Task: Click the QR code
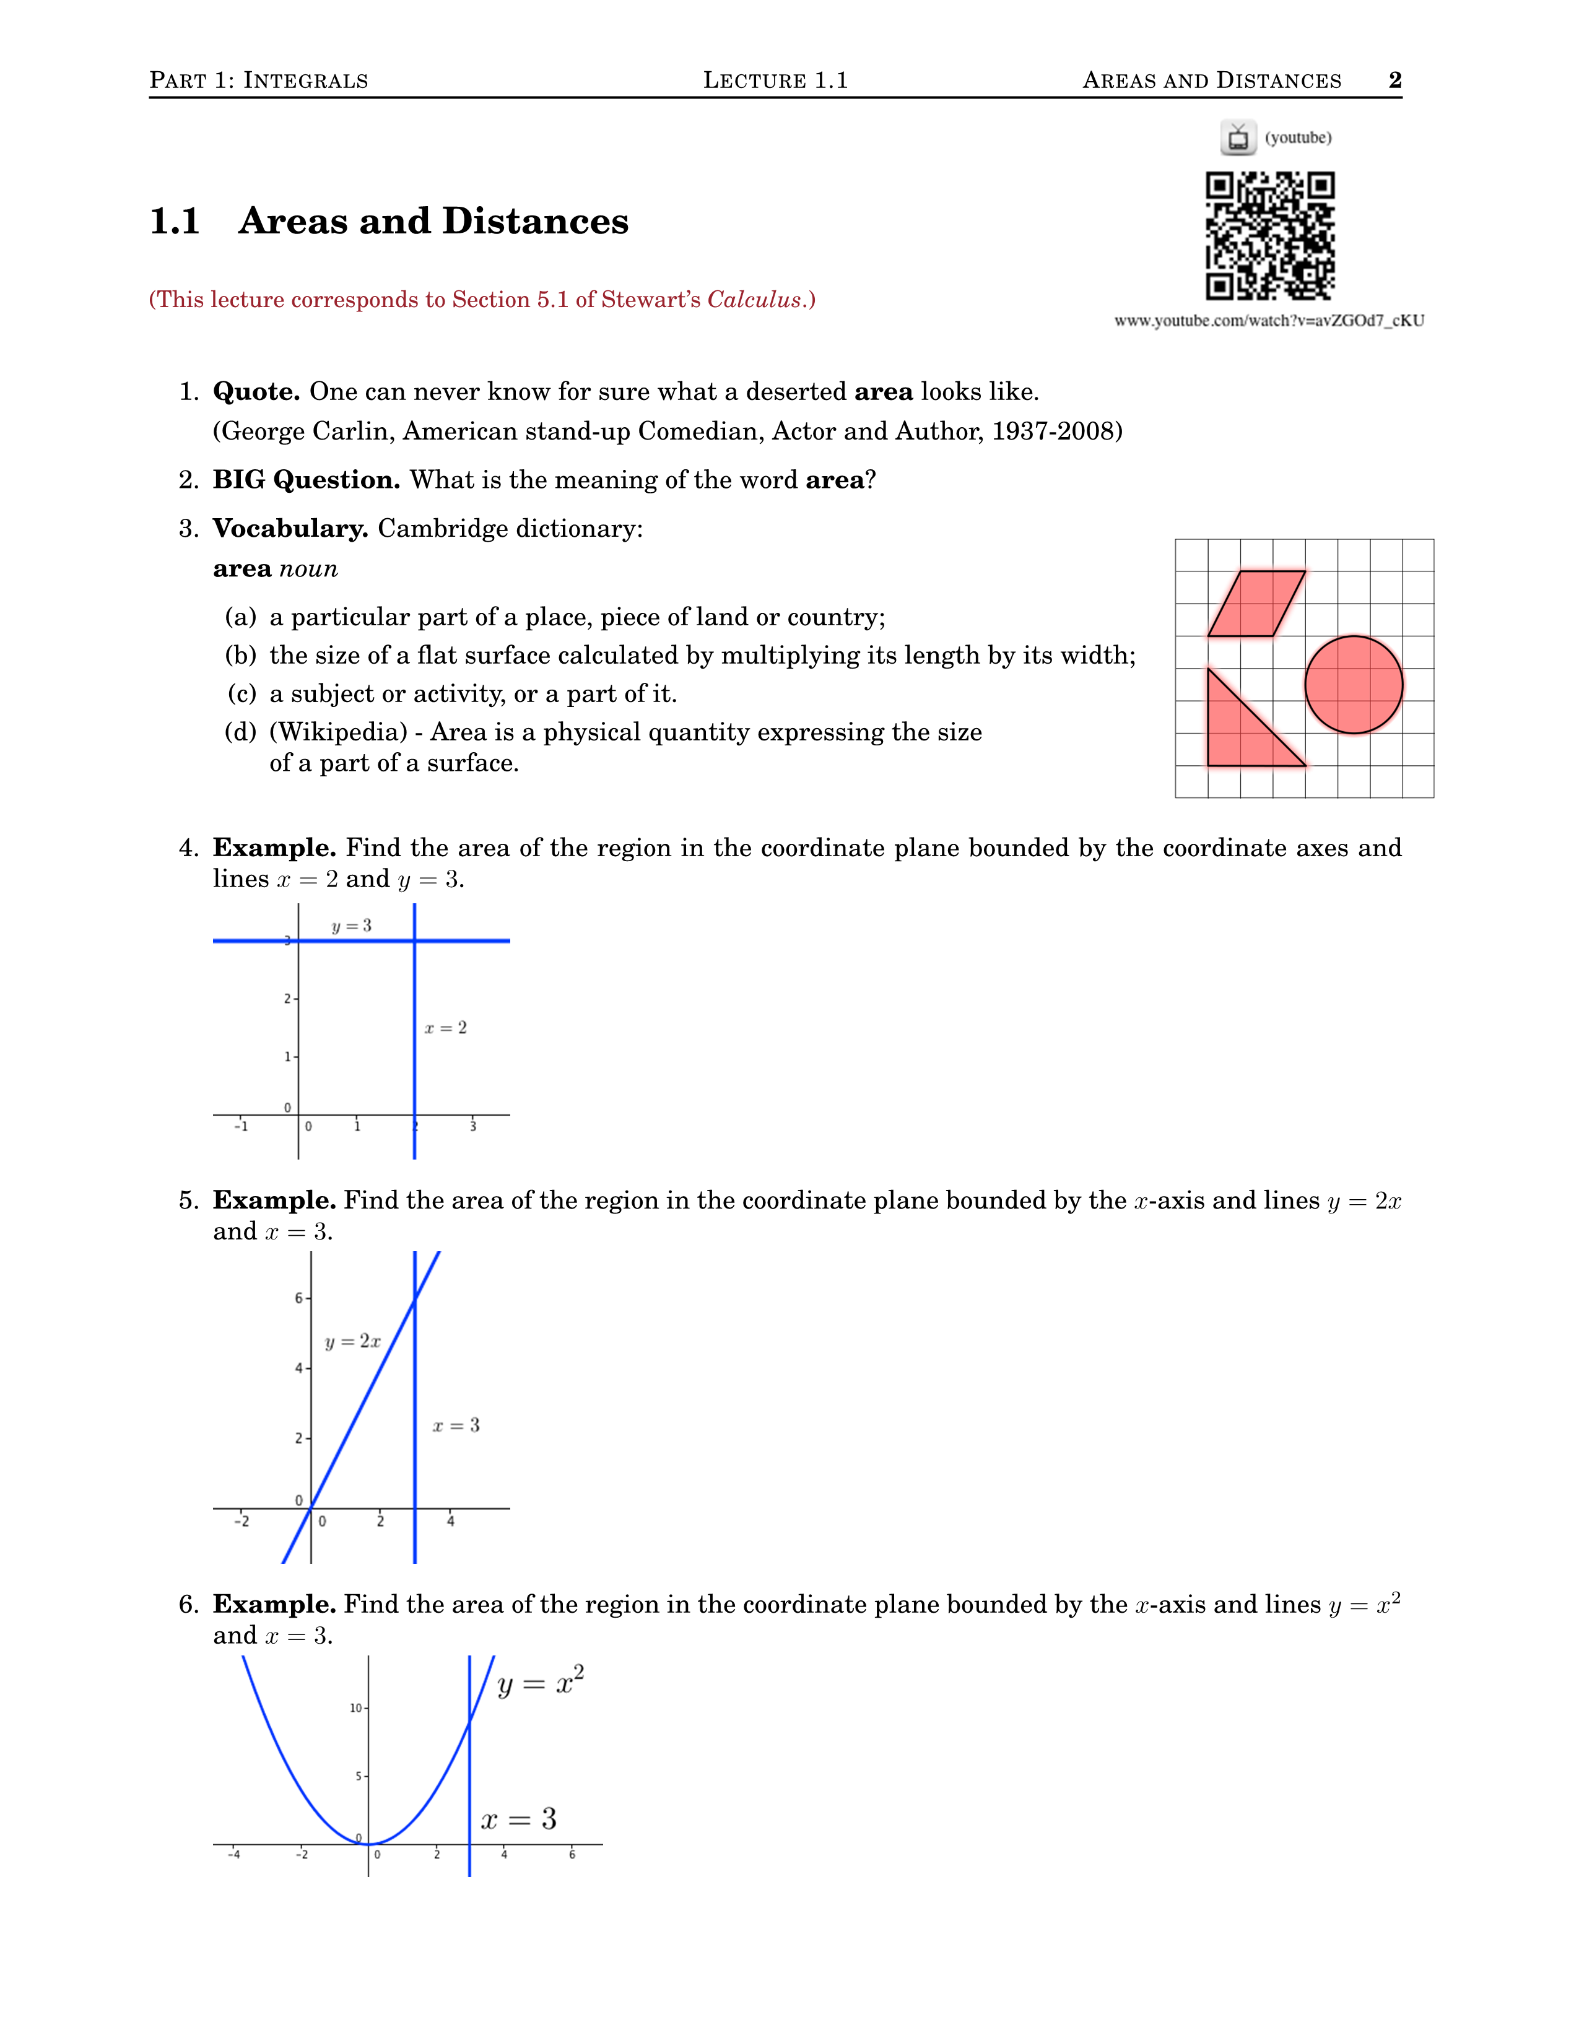click(1269, 236)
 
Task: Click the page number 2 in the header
click(1394, 80)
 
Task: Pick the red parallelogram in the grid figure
click(1256, 604)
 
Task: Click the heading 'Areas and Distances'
click(433, 222)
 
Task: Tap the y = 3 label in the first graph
click(352, 926)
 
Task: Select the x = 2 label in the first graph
click(445, 1028)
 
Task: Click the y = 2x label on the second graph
click(353, 1342)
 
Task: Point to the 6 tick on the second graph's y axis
click(298, 1298)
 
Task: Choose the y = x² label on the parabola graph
click(541, 1682)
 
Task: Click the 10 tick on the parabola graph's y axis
click(355, 1708)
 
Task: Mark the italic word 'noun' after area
click(309, 569)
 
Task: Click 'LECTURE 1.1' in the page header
click(775, 80)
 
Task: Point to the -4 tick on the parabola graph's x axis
click(234, 1855)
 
